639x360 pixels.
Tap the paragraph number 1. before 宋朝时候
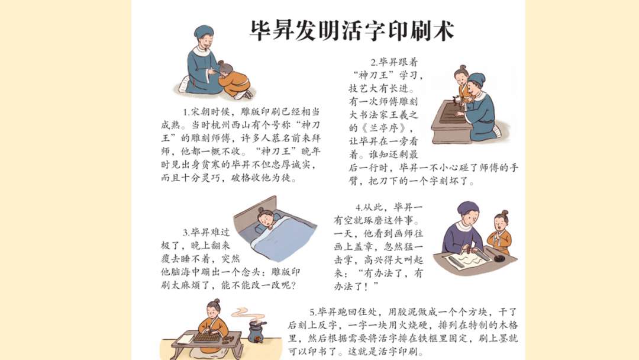tap(187, 111)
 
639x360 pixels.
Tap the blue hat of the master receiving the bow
tap(204, 31)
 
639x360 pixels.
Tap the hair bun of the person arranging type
tap(212, 303)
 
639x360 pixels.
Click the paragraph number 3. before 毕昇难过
tap(187, 232)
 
